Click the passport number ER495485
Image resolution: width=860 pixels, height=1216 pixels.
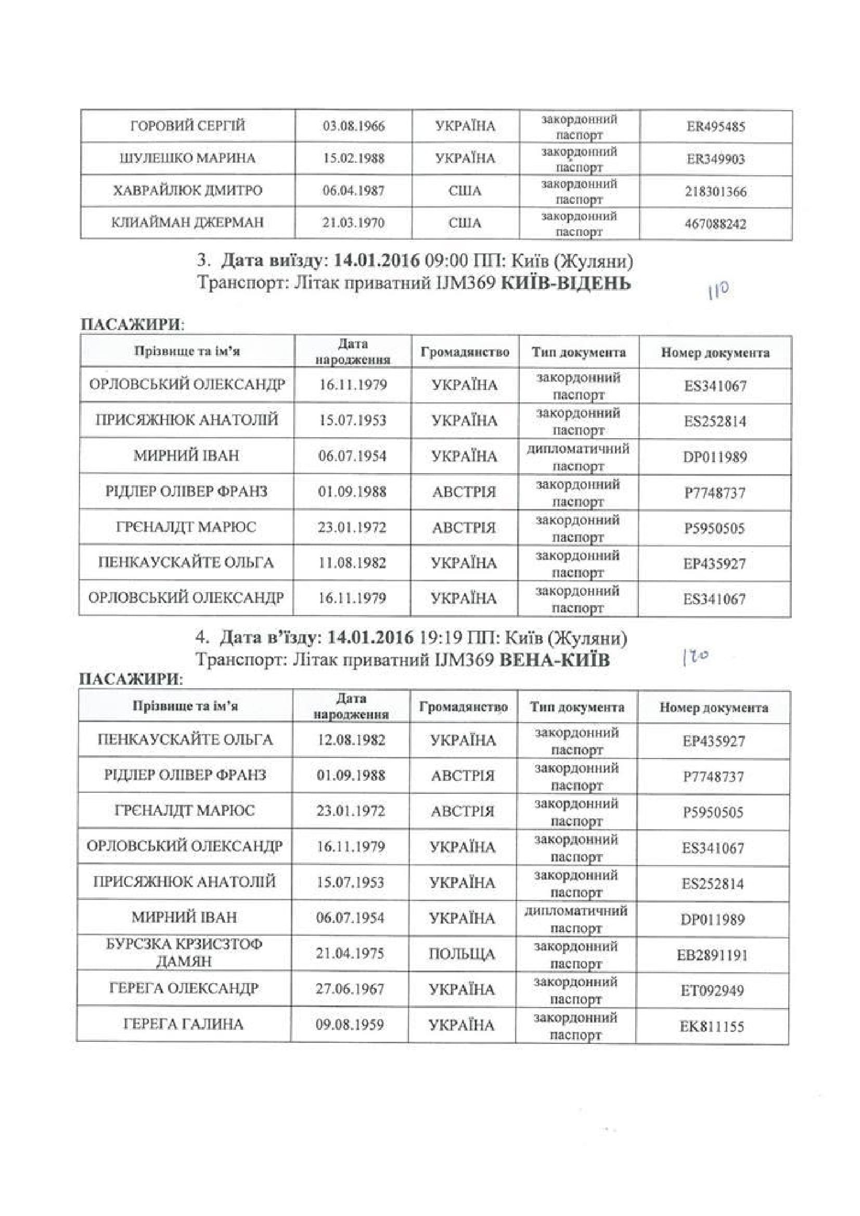click(x=715, y=126)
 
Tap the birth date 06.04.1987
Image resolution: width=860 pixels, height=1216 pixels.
click(x=353, y=191)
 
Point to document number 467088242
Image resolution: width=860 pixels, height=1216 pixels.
click(x=715, y=224)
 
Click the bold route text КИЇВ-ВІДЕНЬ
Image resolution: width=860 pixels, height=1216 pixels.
click(x=566, y=283)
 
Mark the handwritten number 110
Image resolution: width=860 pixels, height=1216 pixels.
click(x=718, y=290)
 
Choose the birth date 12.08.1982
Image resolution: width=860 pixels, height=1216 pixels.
click(x=351, y=740)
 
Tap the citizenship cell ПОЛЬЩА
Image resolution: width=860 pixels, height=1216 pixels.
click(x=461, y=955)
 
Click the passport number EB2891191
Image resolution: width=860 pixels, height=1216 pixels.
click(x=712, y=956)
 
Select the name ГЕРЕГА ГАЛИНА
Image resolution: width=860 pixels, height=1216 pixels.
click(x=183, y=1024)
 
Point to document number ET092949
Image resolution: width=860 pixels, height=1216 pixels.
click(x=712, y=990)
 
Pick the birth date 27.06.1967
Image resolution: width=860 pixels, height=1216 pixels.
click(x=350, y=989)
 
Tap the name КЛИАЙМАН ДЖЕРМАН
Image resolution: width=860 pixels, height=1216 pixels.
click(x=187, y=223)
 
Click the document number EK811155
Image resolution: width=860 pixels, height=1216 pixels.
click(x=712, y=1026)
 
